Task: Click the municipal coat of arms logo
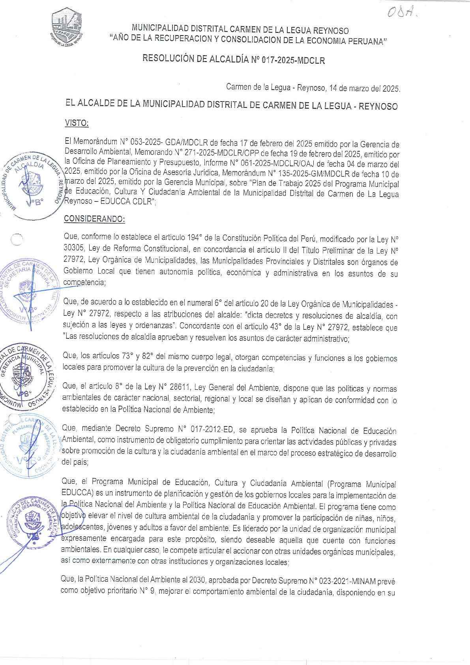67,27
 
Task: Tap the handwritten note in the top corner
401,13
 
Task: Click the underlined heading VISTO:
77,123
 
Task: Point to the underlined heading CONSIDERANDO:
94,219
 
